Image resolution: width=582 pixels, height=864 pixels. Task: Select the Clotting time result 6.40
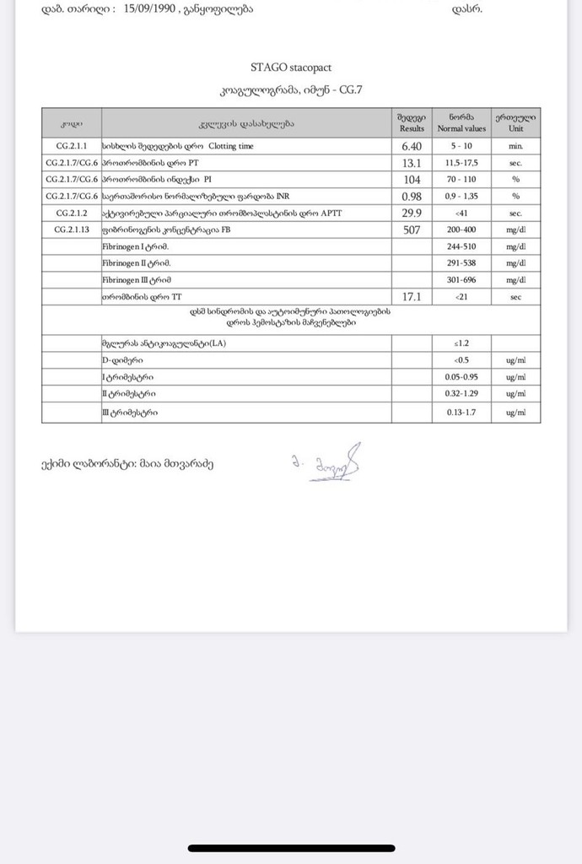(x=412, y=146)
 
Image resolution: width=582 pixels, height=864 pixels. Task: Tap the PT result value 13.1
(x=412, y=163)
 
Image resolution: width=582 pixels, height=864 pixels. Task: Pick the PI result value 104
(x=412, y=180)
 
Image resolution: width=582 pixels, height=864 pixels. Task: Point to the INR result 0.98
(x=412, y=196)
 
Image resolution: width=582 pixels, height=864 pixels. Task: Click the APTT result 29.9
(x=412, y=213)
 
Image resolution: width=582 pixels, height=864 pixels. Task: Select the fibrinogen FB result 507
(x=412, y=229)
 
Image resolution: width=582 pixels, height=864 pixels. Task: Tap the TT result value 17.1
(x=412, y=296)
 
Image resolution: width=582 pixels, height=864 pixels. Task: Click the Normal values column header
(x=461, y=122)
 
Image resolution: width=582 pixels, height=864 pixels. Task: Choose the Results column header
(x=412, y=122)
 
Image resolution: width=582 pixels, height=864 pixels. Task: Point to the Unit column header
(x=515, y=122)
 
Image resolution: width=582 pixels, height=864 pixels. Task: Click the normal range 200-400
(x=461, y=229)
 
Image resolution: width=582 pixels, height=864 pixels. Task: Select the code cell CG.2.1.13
(x=72, y=229)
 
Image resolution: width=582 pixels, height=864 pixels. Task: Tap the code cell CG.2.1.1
(x=72, y=146)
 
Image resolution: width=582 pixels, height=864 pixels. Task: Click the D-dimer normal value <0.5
(x=461, y=360)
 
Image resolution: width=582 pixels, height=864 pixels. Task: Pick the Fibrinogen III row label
(x=137, y=279)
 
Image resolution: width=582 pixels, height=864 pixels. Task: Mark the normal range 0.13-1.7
(x=461, y=413)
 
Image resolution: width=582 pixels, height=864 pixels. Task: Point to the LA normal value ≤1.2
(x=461, y=343)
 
